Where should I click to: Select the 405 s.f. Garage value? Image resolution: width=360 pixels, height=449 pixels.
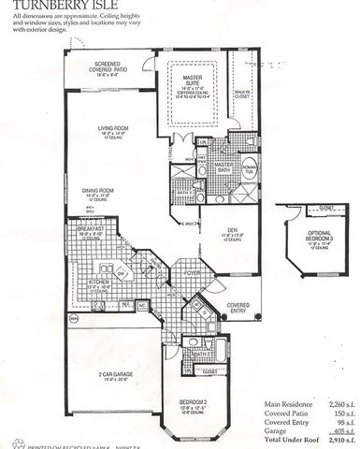(x=337, y=430)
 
